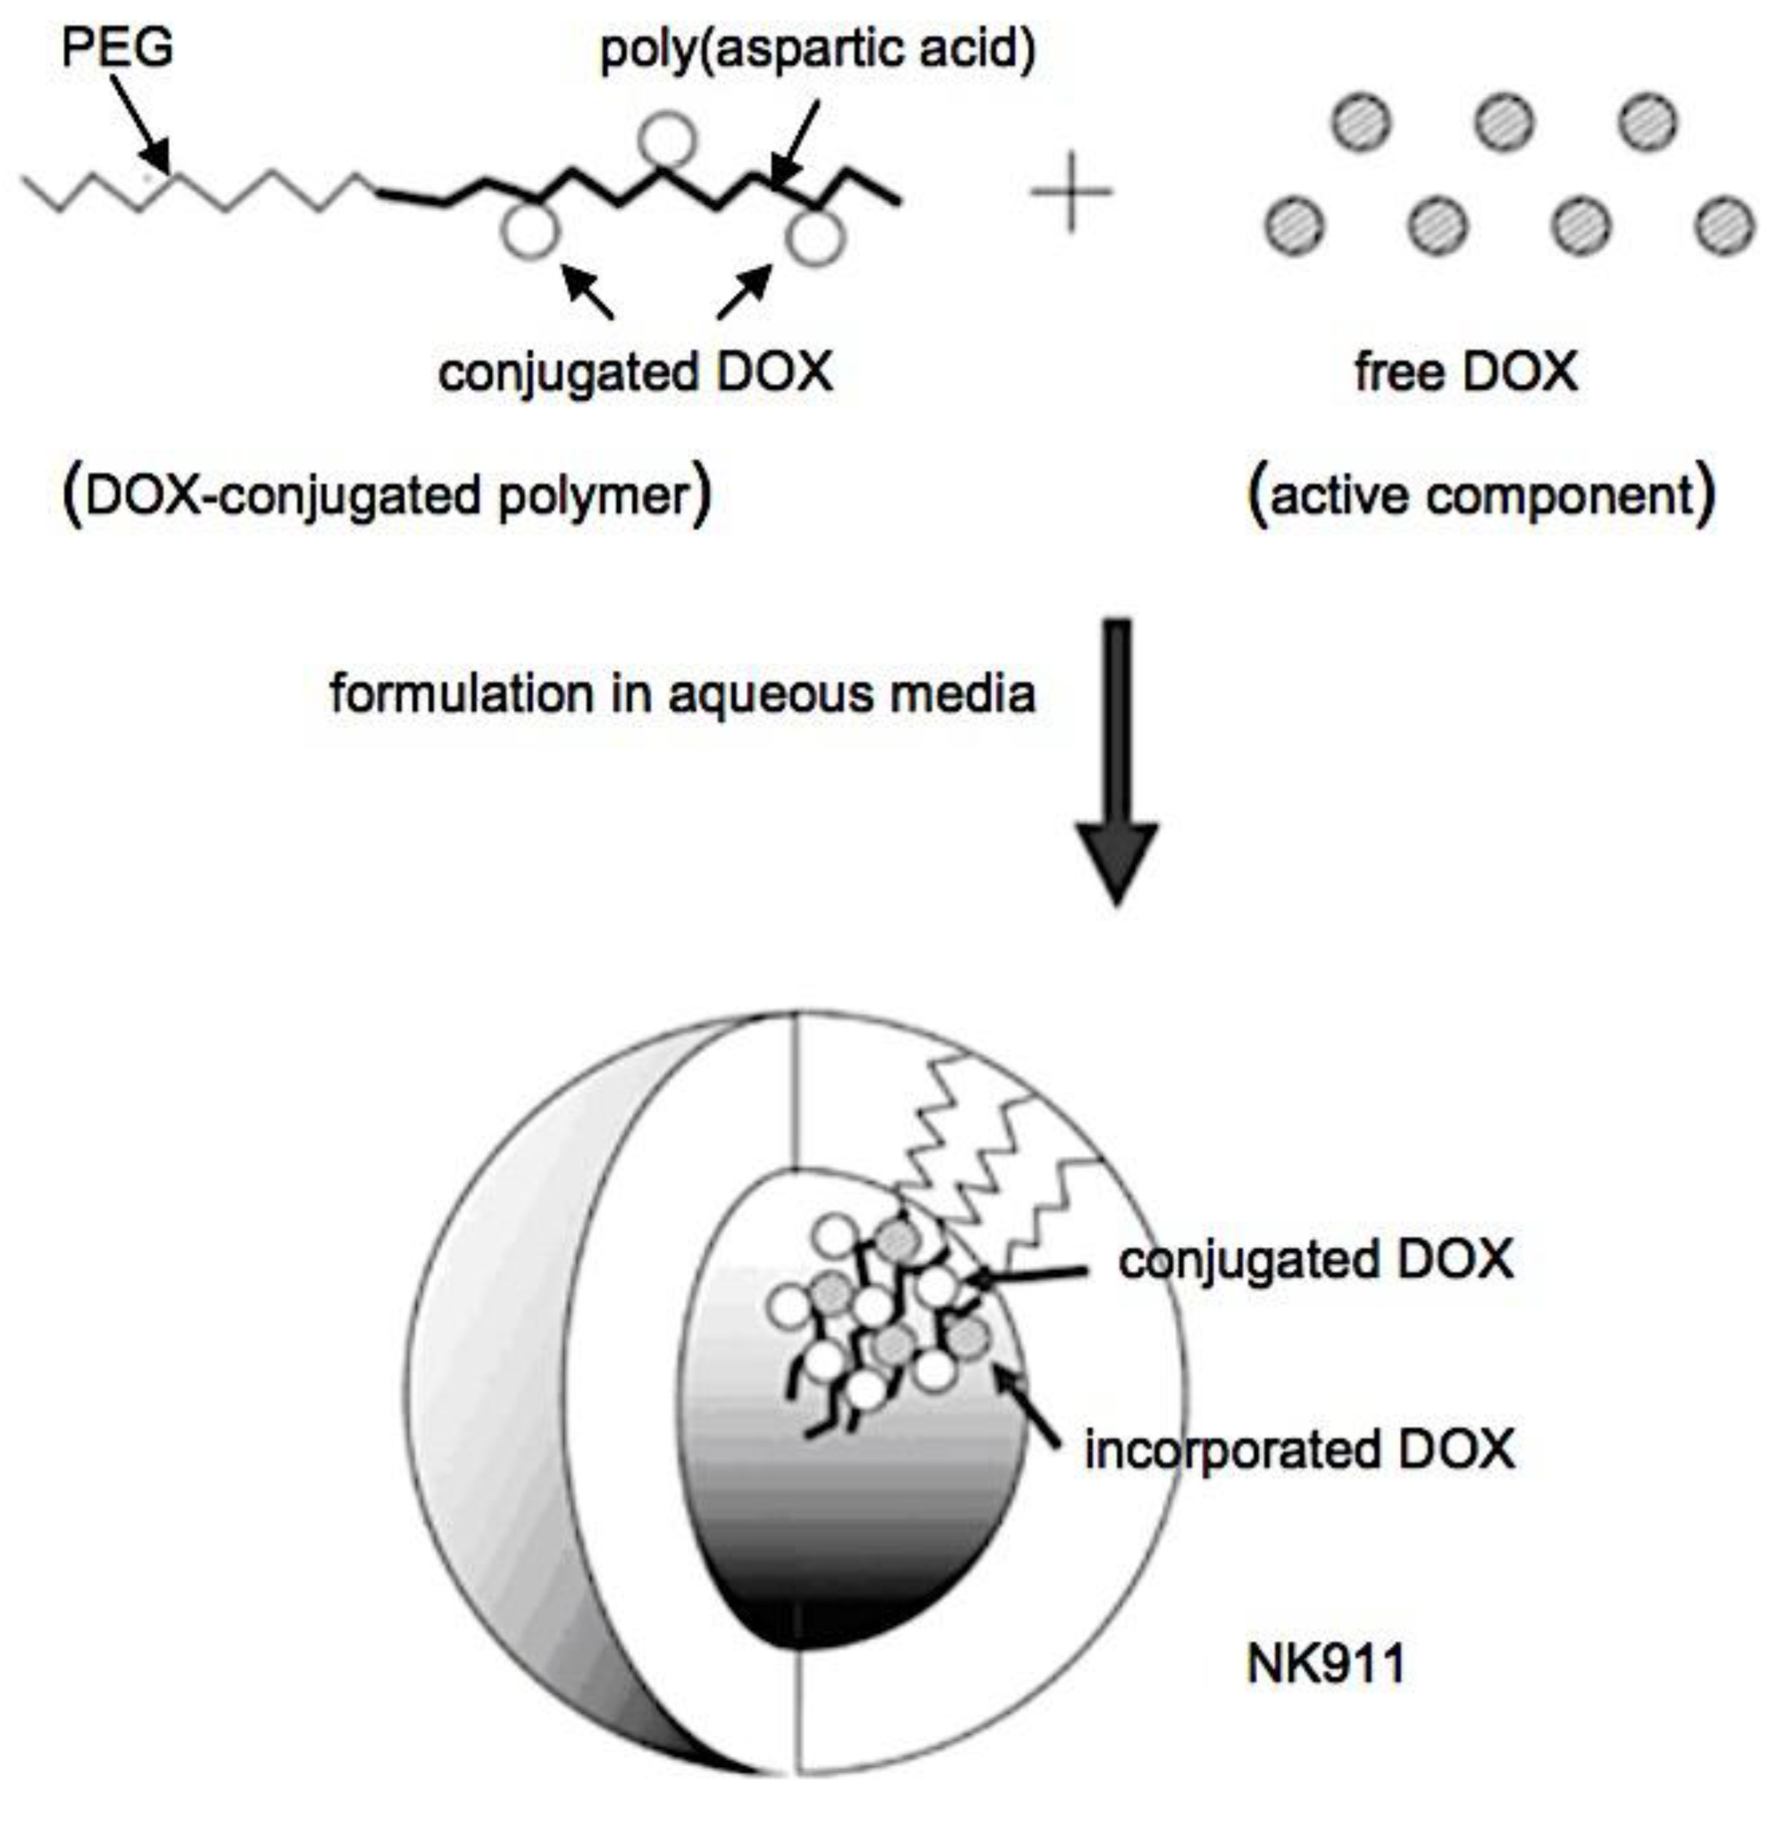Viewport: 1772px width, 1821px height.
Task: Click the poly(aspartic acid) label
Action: tap(817, 48)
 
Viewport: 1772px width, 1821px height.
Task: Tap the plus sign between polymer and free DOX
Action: tap(1071, 192)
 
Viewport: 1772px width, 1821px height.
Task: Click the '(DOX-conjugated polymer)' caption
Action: tap(386, 495)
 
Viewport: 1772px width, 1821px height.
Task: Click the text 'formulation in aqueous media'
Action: tap(682, 694)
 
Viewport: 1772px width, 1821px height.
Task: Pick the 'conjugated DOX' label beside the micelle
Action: tap(1316, 1260)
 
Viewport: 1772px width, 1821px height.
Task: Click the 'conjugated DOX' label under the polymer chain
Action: tap(635, 372)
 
